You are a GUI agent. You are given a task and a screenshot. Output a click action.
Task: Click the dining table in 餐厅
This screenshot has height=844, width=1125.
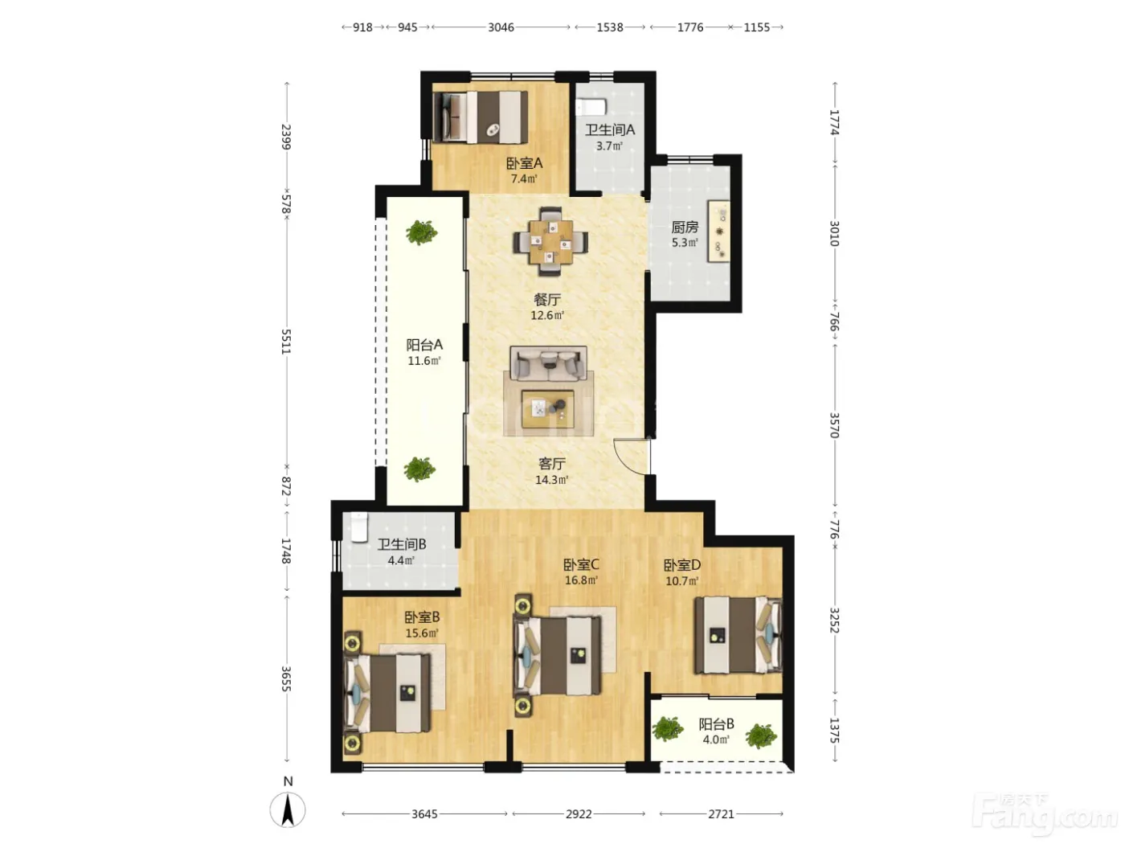[551, 241]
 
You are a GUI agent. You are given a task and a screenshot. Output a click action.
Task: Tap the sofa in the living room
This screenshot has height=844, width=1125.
[548, 364]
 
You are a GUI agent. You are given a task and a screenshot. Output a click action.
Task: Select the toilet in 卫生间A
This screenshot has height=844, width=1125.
[591, 107]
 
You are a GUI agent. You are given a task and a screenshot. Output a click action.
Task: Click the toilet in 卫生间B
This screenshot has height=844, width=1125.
[359, 526]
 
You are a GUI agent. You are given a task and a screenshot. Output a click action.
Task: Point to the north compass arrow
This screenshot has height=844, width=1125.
[288, 809]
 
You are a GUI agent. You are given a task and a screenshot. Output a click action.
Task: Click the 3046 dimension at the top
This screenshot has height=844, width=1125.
[501, 27]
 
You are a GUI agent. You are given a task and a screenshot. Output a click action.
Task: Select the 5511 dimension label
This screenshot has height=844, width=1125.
[287, 342]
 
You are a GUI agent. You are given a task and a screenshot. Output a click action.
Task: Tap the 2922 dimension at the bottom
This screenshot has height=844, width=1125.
[579, 813]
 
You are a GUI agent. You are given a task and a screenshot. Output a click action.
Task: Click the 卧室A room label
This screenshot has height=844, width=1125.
[524, 163]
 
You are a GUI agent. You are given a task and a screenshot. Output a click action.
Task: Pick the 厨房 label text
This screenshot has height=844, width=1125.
[685, 227]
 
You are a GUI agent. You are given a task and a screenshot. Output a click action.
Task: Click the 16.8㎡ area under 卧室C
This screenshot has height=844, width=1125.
[581, 580]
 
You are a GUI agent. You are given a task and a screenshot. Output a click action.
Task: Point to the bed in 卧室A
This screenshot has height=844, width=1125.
[481, 117]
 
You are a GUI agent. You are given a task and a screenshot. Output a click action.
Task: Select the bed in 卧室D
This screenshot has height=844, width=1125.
[738, 635]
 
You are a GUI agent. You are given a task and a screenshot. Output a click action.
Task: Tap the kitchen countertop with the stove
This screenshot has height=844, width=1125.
[718, 231]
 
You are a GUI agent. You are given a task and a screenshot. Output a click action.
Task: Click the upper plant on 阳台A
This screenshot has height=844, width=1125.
[421, 232]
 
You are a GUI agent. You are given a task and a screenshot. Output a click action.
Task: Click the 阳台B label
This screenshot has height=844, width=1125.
[717, 724]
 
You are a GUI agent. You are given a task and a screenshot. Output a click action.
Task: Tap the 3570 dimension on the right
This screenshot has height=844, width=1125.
[834, 425]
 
